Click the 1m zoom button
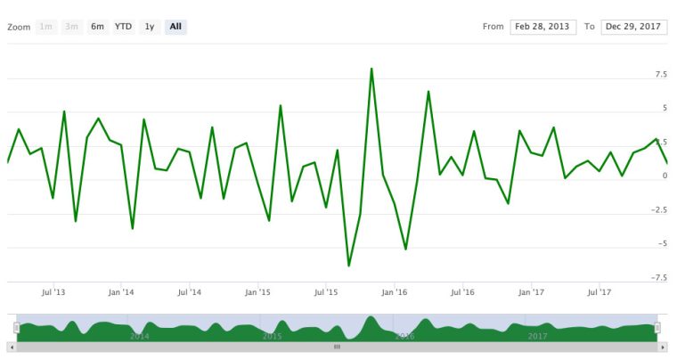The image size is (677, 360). point(46,27)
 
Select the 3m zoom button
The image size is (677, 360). point(73,27)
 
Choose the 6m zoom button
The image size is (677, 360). point(97,27)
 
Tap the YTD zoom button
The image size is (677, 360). point(123,27)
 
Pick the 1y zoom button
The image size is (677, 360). point(150,27)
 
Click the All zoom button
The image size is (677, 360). point(175,27)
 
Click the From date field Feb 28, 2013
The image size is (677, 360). point(543,27)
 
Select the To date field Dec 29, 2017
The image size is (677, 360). point(634,27)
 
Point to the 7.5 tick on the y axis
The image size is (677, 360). point(661,75)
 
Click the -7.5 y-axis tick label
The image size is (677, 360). point(659,277)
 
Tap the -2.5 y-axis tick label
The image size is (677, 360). point(659,209)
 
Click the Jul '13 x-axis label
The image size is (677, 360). point(53,291)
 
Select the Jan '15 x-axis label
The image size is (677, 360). point(257,291)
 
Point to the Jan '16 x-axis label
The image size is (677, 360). point(394,291)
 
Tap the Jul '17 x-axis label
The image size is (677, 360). point(600,291)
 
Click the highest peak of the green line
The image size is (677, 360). point(371,69)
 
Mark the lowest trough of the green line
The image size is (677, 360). point(349,266)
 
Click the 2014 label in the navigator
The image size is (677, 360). point(140,336)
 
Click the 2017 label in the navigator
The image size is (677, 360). point(537,336)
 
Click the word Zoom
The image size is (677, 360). point(19,27)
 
